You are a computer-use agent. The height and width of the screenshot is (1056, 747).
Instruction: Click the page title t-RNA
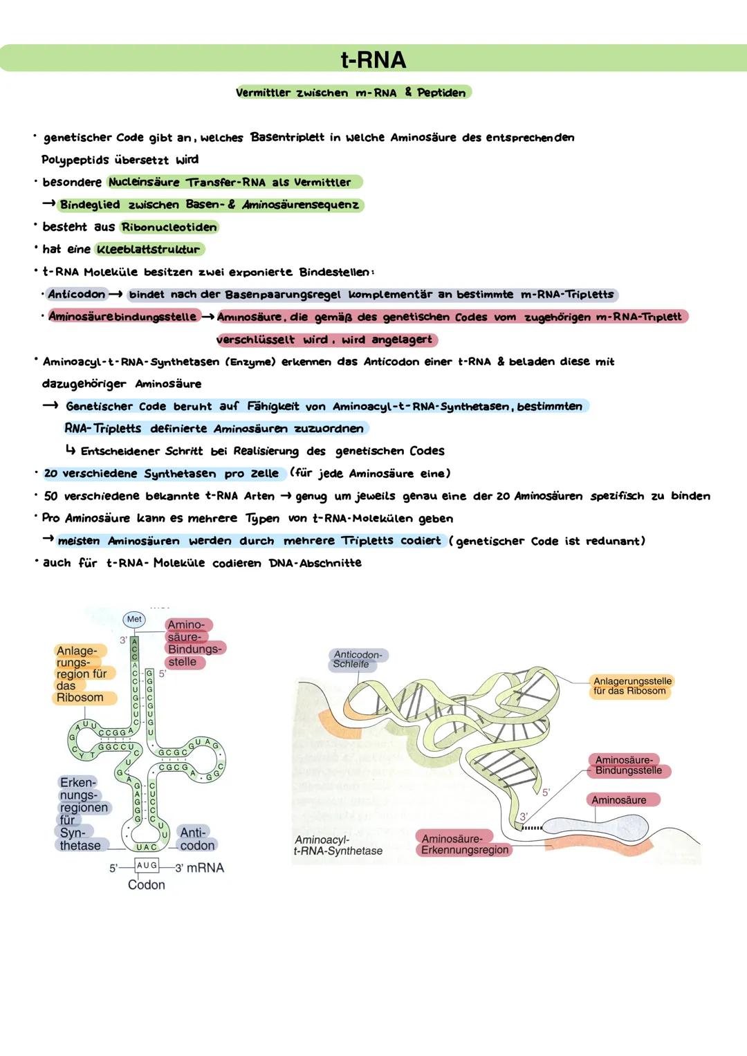(373, 59)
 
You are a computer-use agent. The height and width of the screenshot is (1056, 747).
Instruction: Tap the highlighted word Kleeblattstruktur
(149, 249)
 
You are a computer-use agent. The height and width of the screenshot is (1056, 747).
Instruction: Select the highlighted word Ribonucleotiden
(169, 227)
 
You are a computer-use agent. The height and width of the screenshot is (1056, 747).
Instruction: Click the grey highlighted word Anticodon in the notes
(76, 294)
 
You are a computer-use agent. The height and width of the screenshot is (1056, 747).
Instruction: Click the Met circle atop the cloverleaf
(134, 619)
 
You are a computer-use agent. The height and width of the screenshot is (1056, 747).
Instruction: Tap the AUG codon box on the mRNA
(147, 865)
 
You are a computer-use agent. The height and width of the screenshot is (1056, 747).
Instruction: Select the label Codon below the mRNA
(146, 884)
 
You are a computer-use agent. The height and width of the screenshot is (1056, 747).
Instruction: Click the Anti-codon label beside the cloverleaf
(196, 838)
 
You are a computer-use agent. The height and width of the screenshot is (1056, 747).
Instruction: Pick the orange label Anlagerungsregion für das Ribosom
(80, 674)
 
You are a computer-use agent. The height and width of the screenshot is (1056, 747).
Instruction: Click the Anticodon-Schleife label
(357, 659)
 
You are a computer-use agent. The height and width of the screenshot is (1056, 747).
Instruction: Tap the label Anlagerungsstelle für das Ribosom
(632, 685)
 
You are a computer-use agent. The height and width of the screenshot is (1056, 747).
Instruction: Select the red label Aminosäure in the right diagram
(618, 800)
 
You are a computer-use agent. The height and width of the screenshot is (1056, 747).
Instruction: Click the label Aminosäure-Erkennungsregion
(464, 844)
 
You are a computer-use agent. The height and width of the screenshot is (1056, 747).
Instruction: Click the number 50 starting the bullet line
(50, 496)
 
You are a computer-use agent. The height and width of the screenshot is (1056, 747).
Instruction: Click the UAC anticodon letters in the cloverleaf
(146, 846)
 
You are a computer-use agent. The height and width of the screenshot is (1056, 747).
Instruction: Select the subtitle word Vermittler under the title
(262, 93)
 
